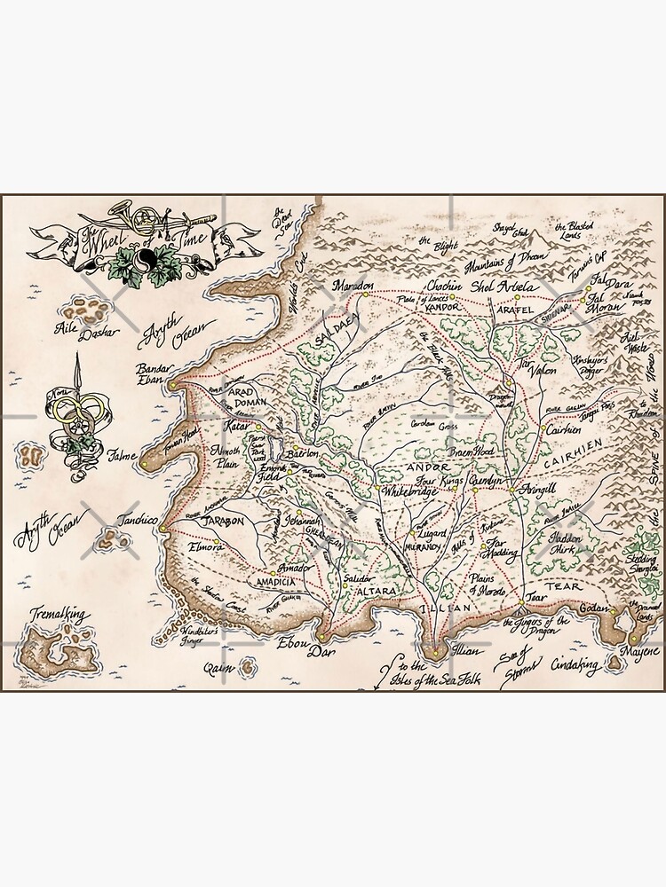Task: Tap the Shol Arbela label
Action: click(x=505, y=287)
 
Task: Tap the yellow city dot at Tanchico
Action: click(x=163, y=530)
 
